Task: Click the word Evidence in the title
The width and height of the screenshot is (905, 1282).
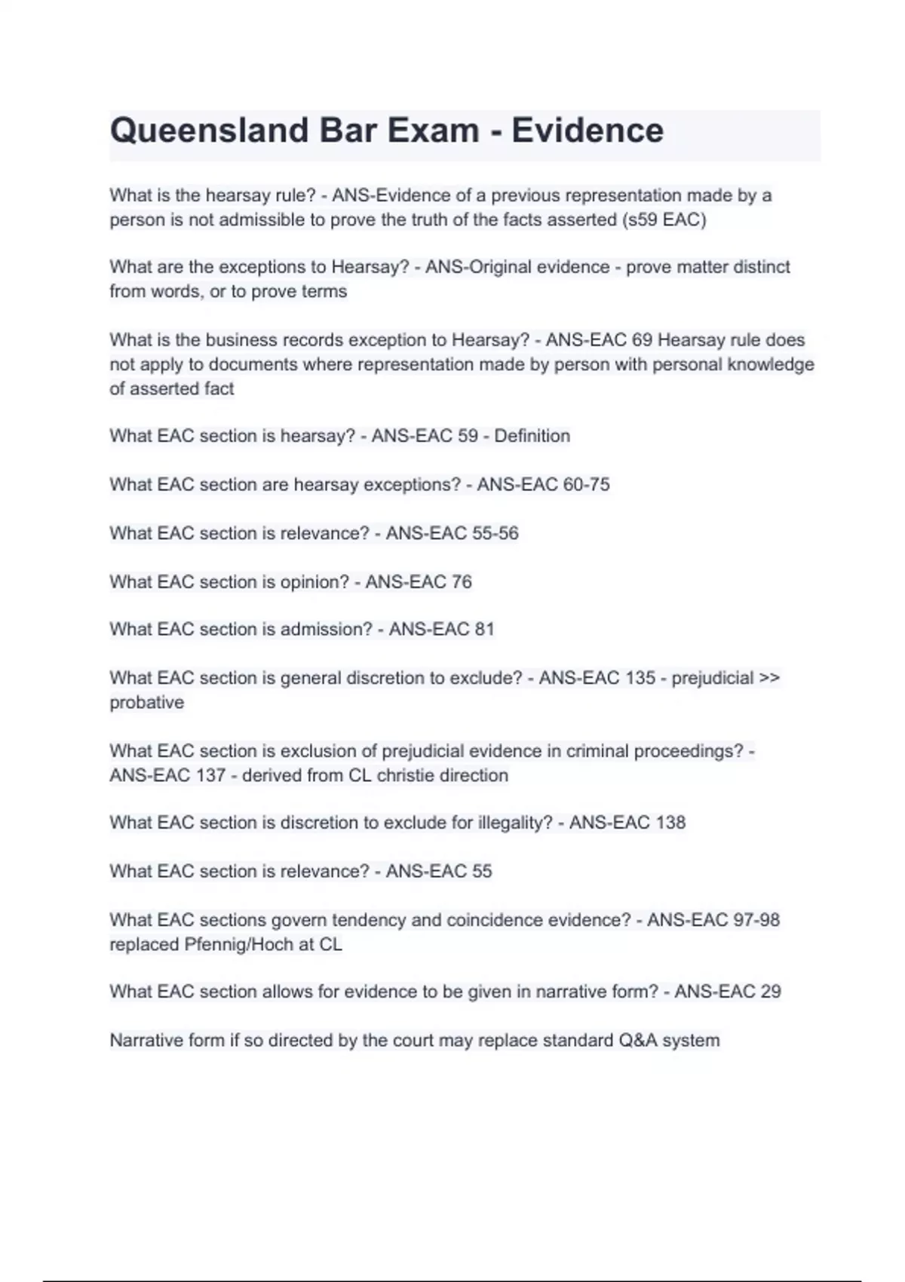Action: pos(587,130)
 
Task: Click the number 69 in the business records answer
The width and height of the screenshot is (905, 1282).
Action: pos(642,340)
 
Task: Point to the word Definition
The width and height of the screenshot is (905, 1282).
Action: pos(532,436)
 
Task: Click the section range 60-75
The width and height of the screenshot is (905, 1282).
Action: pos(586,484)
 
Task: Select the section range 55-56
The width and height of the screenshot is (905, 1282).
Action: pos(495,533)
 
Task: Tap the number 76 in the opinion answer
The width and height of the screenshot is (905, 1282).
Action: pos(461,582)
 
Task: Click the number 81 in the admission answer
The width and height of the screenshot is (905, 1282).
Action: pos(484,630)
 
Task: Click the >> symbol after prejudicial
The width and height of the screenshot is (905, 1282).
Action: pos(769,678)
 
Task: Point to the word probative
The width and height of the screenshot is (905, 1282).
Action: pos(147,703)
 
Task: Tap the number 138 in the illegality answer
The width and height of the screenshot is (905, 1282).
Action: pos(670,823)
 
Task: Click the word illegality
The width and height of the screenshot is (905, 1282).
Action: pos(515,823)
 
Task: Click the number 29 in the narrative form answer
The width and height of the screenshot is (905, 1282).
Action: pos(771,992)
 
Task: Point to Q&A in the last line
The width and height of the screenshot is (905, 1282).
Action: pos(638,1041)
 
